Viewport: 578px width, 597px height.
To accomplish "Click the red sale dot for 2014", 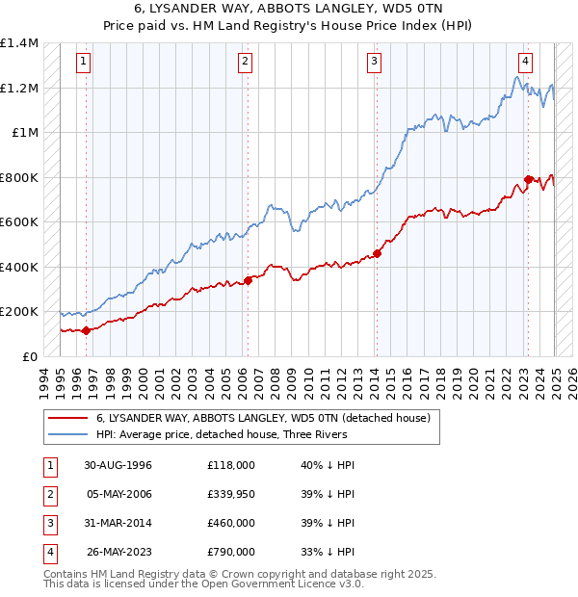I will (377, 253).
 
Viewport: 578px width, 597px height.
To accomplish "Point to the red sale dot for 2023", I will (528, 179).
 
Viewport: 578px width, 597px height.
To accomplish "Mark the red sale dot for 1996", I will (86, 330).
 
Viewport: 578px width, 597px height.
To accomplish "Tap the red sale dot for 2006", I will (248, 280).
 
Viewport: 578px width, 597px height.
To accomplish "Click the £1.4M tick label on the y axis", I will (19, 43).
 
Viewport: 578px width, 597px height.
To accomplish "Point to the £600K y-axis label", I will (19, 222).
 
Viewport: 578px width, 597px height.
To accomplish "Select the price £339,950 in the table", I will (230, 494).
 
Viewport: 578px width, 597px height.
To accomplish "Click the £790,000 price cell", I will (230, 552).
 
